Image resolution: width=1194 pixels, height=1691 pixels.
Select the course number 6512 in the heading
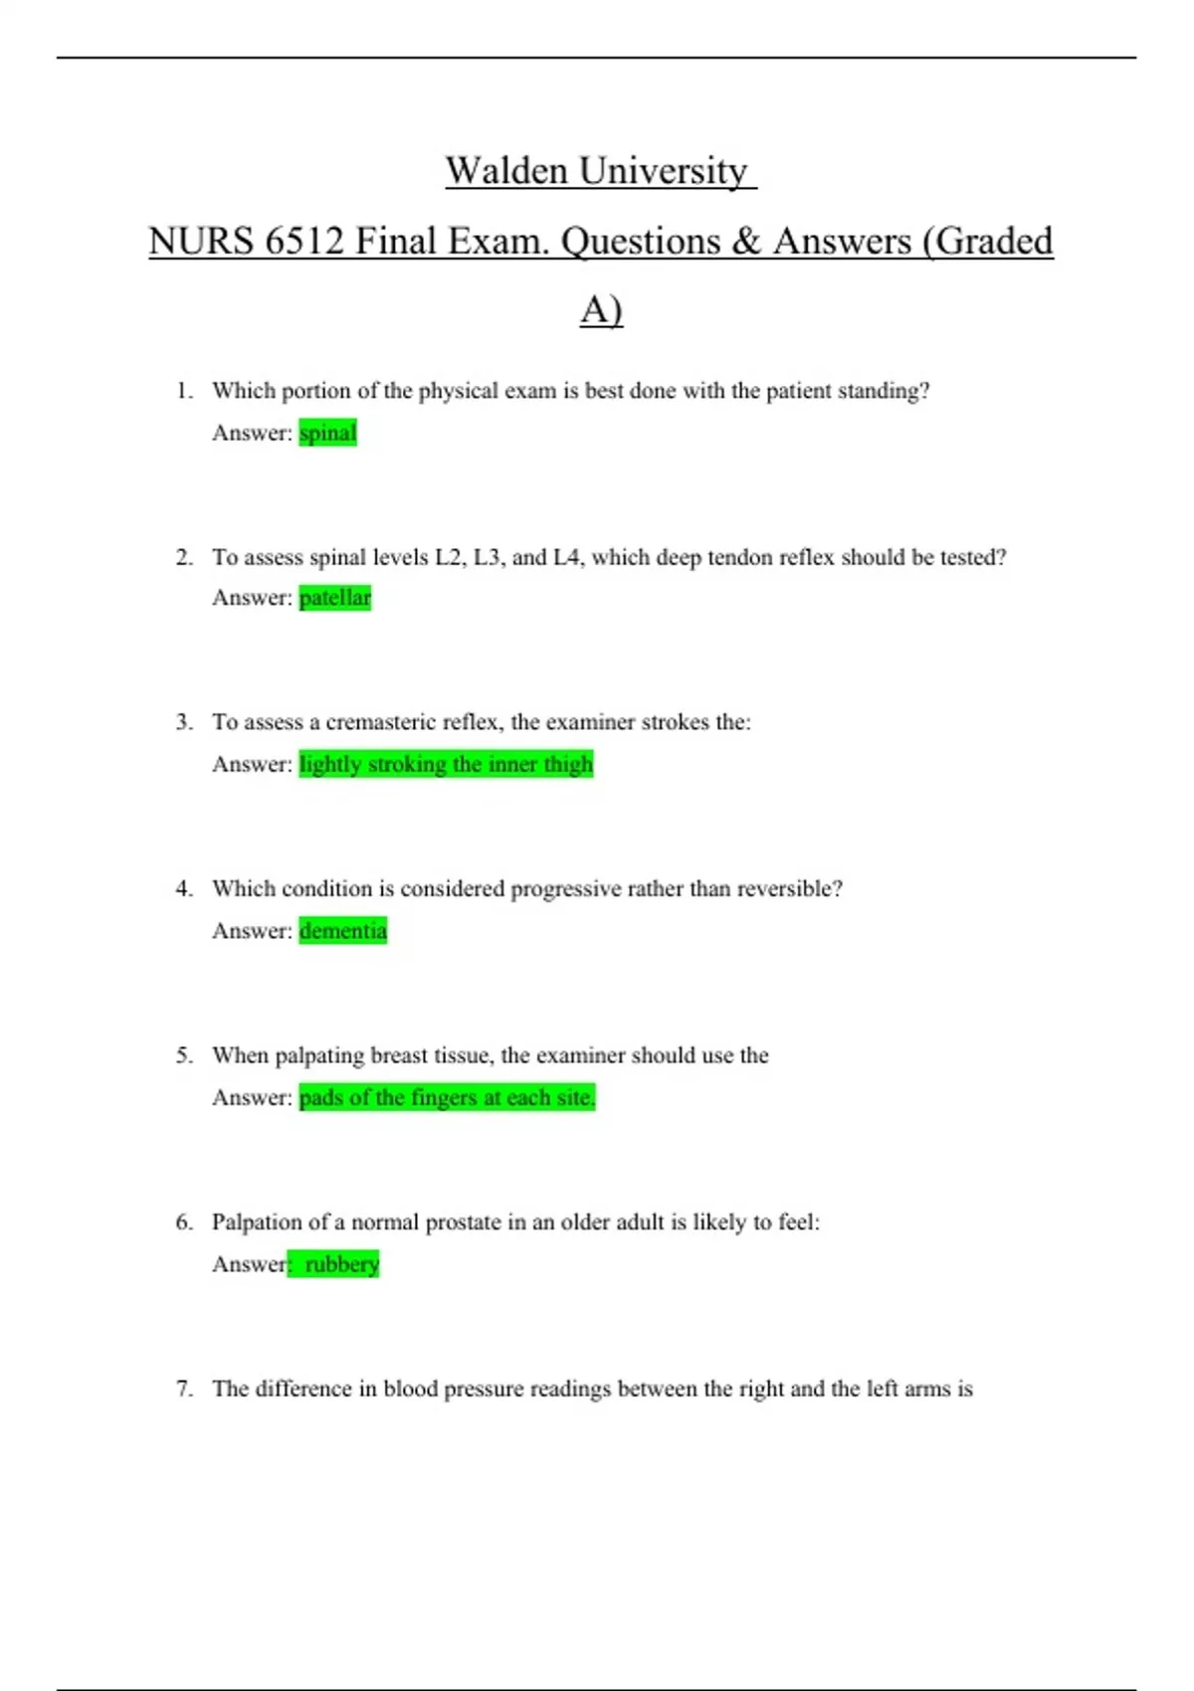tap(303, 242)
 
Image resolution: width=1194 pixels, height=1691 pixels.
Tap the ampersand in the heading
tap(745, 242)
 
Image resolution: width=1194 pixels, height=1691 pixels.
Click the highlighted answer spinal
tap(327, 433)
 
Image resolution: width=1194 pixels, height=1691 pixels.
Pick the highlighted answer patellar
tap(335, 598)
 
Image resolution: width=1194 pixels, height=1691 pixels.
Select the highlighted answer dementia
tap(343, 931)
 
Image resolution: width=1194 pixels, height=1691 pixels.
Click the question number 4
tap(184, 888)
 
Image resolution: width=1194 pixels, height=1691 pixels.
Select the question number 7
tap(184, 1389)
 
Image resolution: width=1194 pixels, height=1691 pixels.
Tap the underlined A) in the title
tap(601, 310)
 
